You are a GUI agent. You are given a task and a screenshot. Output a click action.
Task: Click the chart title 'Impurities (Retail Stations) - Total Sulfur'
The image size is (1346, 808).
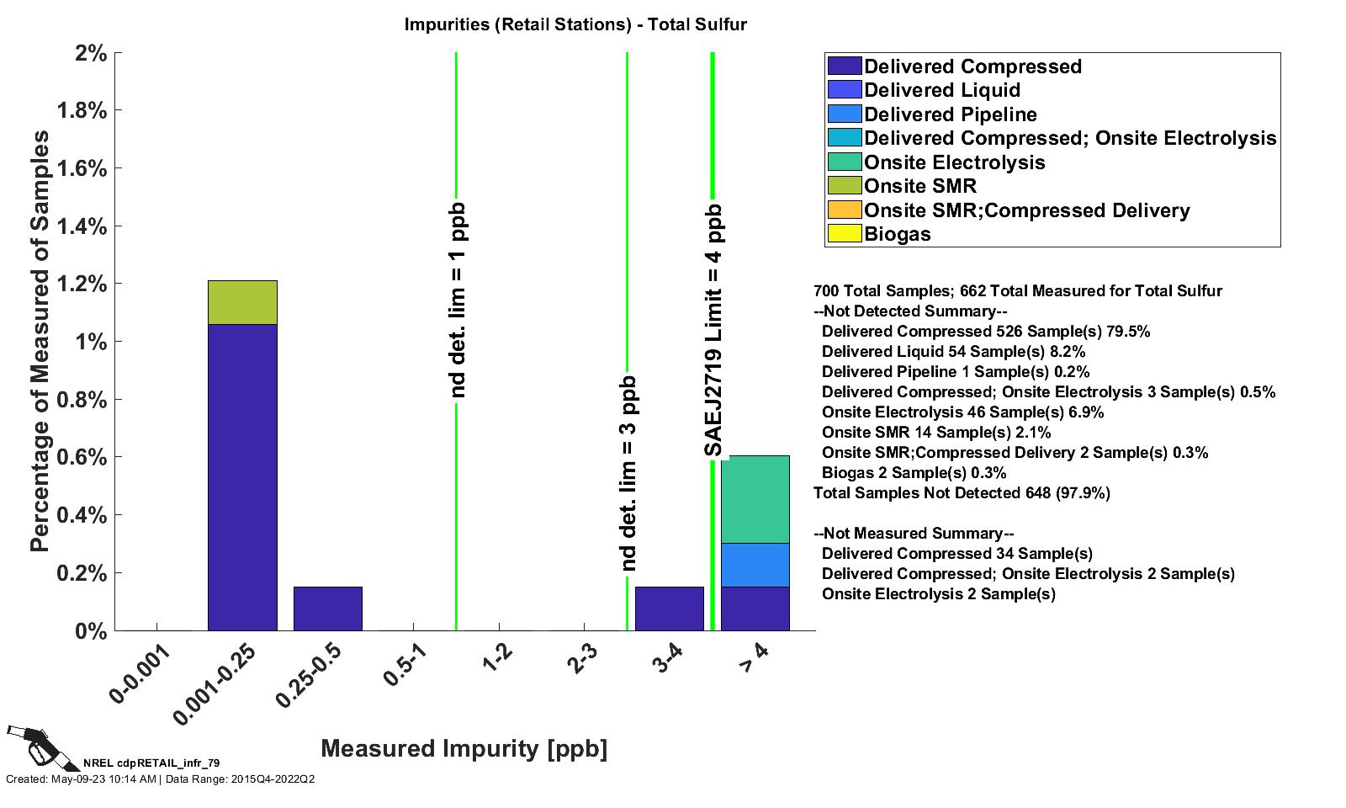(x=575, y=24)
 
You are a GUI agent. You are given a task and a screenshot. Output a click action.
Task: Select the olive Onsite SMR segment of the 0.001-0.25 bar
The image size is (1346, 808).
(x=242, y=302)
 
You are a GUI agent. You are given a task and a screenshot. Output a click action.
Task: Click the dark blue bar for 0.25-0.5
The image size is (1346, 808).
(x=328, y=609)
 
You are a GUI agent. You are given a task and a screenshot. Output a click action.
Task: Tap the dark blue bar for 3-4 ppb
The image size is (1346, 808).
(x=669, y=609)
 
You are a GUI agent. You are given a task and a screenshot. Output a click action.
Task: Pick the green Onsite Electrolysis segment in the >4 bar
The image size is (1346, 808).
(x=755, y=499)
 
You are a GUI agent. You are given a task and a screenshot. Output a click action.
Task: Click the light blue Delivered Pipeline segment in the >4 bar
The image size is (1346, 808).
(x=755, y=565)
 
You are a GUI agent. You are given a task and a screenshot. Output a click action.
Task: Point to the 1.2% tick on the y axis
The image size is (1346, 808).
(x=82, y=284)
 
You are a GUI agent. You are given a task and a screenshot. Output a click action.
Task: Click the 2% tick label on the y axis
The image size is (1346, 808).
(x=91, y=53)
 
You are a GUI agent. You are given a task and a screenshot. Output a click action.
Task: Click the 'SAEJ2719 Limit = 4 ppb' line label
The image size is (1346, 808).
(x=713, y=330)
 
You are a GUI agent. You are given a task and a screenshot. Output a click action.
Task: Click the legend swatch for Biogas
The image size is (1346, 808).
(x=845, y=234)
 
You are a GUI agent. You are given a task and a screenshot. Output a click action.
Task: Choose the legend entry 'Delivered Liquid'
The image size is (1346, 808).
(x=941, y=90)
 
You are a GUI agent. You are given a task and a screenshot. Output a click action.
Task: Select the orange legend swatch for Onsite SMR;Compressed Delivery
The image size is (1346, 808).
(x=845, y=210)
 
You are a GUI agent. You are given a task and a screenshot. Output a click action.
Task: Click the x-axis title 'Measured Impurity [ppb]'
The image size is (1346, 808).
(x=464, y=748)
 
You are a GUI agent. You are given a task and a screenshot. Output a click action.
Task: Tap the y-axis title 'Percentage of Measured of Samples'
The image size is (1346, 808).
(x=40, y=341)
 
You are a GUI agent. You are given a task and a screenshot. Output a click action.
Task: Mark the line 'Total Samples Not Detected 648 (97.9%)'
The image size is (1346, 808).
(x=962, y=493)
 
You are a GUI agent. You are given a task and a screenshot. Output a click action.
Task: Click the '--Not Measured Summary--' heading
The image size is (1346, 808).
(x=914, y=534)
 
